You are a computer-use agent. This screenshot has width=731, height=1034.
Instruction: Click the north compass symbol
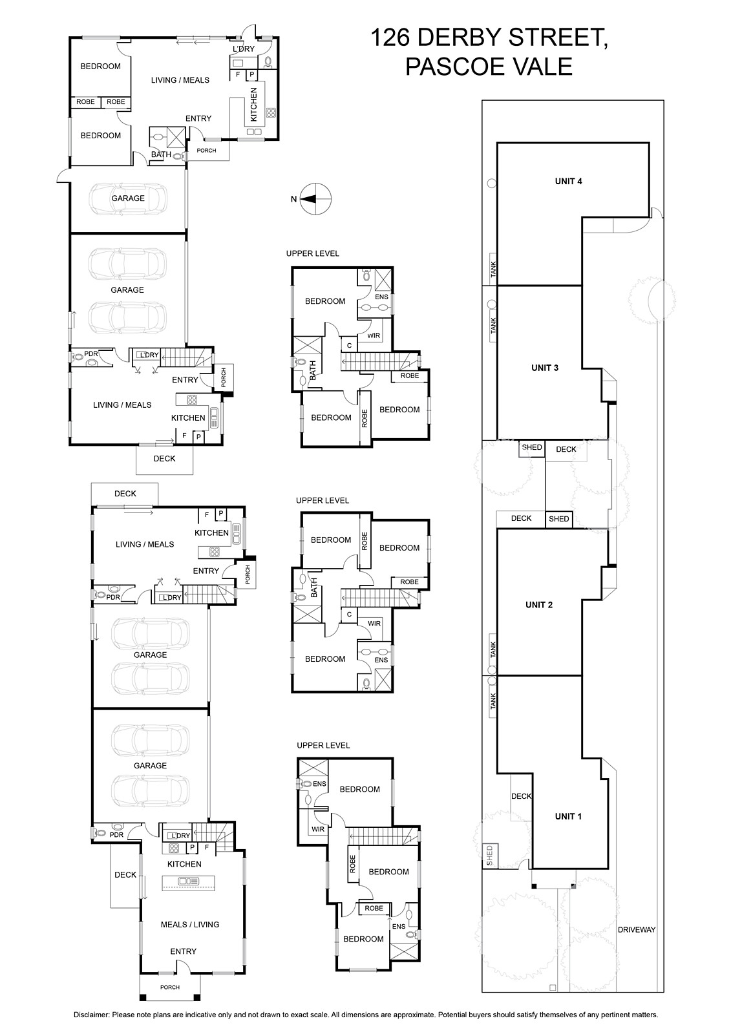pyautogui.click(x=316, y=199)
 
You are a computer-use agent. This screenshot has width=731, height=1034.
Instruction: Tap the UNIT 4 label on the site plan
pyautogui.click(x=568, y=182)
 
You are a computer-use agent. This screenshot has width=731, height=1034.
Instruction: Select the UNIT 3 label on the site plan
pyautogui.click(x=544, y=368)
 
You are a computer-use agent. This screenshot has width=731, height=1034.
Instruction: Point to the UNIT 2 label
pyautogui.click(x=539, y=605)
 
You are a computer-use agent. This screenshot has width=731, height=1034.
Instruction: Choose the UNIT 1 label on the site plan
pyautogui.click(x=568, y=816)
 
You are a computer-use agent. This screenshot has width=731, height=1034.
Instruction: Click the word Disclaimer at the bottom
pyautogui.click(x=91, y=1015)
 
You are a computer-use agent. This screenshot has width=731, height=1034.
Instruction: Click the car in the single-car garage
pyautogui.click(x=127, y=198)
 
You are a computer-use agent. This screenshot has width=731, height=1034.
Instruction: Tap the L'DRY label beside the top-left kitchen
pyautogui.click(x=244, y=49)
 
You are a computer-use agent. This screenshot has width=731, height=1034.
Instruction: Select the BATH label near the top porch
pyautogui.click(x=161, y=154)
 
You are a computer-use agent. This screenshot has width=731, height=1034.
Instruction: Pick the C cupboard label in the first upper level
pyautogui.click(x=349, y=345)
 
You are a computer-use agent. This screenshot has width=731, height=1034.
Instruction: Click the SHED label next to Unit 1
pyautogui.click(x=489, y=856)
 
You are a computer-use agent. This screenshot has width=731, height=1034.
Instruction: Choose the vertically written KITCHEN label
pyautogui.click(x=253, y=105)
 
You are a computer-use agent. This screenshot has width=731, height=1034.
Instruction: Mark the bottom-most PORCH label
pyautogui.click(x=170, y=987)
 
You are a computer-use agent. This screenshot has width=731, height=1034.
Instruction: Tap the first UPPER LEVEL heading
pyautogui.click(x=313, y=253)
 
